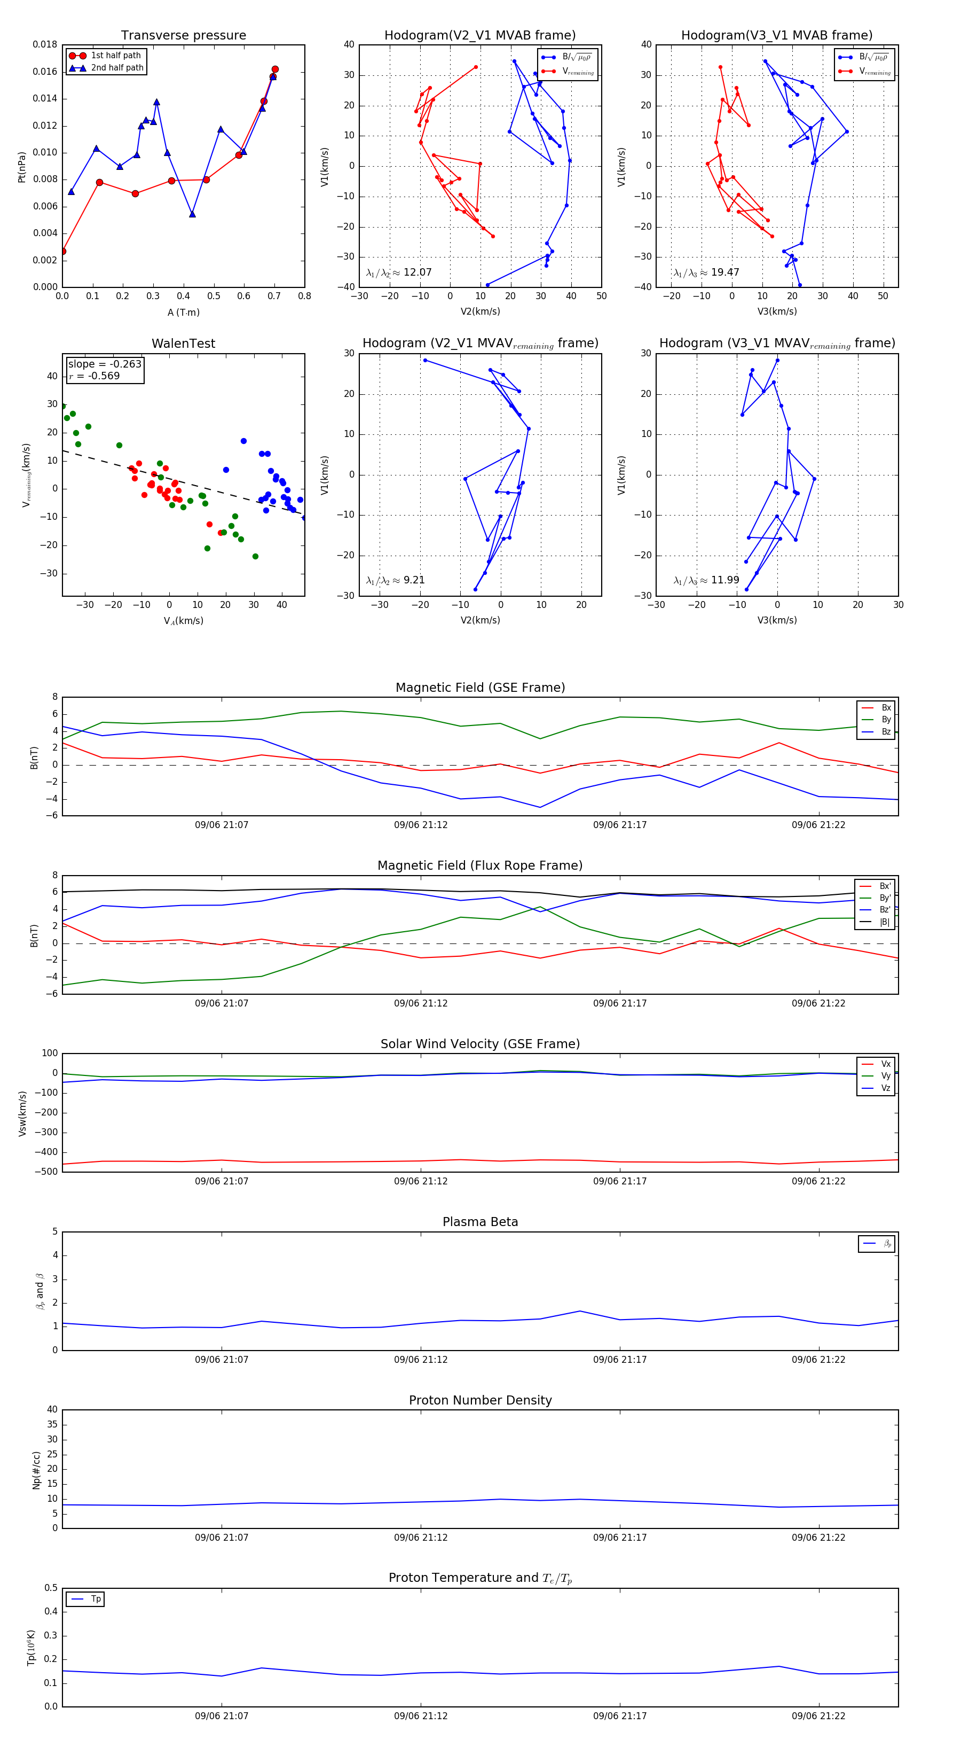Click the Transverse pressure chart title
pyautogui.click(x=183, y=36)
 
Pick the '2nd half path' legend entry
pyautogui.click(x=117, y=68)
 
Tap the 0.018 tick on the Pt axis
pyautogui.click(x=45, y=44)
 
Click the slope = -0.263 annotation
pyautogui.click(x=105, y=364)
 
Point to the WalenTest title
pyautogui.click(x=183, y=344)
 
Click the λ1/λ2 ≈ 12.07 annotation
pyautogui.click(x=399, y=272)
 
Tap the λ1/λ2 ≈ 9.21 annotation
pyautogui.click(x=395, y=580)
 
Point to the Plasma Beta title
pyautogui.click(x=480, y=1222)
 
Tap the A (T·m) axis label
pyautogui.click(x=183, y=313)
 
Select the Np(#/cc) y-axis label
pyautogui.click(x=36, y=1470)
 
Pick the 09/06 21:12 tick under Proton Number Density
pyautogui.click(x=421, y=1537)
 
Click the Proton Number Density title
pyautogui.click(x=480, y=1400)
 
